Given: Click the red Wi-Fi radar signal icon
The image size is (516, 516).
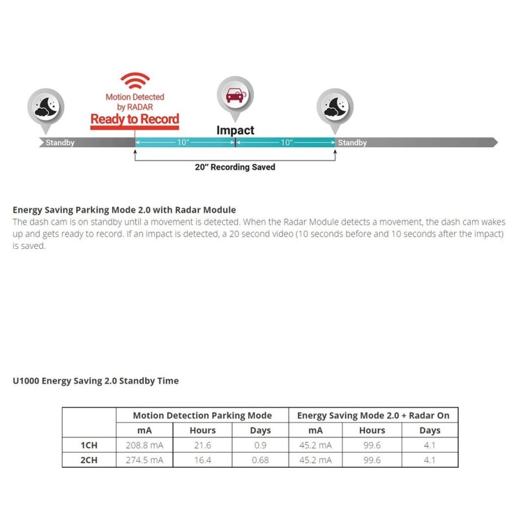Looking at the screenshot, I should pyautogui.click(x=134, y=81).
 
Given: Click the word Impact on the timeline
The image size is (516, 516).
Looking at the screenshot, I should pyautogui.click(x=235, y=130).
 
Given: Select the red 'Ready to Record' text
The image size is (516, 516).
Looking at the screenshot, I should pyautogui.click(x=134, y=119).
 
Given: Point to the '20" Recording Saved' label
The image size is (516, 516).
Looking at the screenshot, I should pyautogui.click(x=235, y=167).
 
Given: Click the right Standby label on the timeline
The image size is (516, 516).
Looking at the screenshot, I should pyautogui.click(x=352, y=143).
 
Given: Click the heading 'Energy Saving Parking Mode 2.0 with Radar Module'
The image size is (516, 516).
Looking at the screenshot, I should pyautogui.click(x=124, y=210).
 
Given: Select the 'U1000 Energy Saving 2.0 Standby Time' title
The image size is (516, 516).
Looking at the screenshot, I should pyautogui.click(x=95, y=381).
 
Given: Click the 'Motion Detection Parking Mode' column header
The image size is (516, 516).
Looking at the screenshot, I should pyautogui.click(x=202, y=415).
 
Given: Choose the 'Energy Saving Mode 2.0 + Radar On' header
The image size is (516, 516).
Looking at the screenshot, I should pyautogui.click(x=373, y=415).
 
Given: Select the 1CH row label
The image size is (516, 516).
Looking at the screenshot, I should pyautogui.click(x=88, y=445).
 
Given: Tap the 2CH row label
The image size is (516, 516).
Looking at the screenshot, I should pyautogui.click(x=88, y=460).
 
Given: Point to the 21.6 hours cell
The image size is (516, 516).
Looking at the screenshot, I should pyautogui.click(x=202, y=445).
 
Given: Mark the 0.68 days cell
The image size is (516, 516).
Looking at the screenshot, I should pyautogui.click(x=260, y=460).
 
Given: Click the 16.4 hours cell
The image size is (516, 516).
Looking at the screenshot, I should pyautogui.click(x=202, y=460).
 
